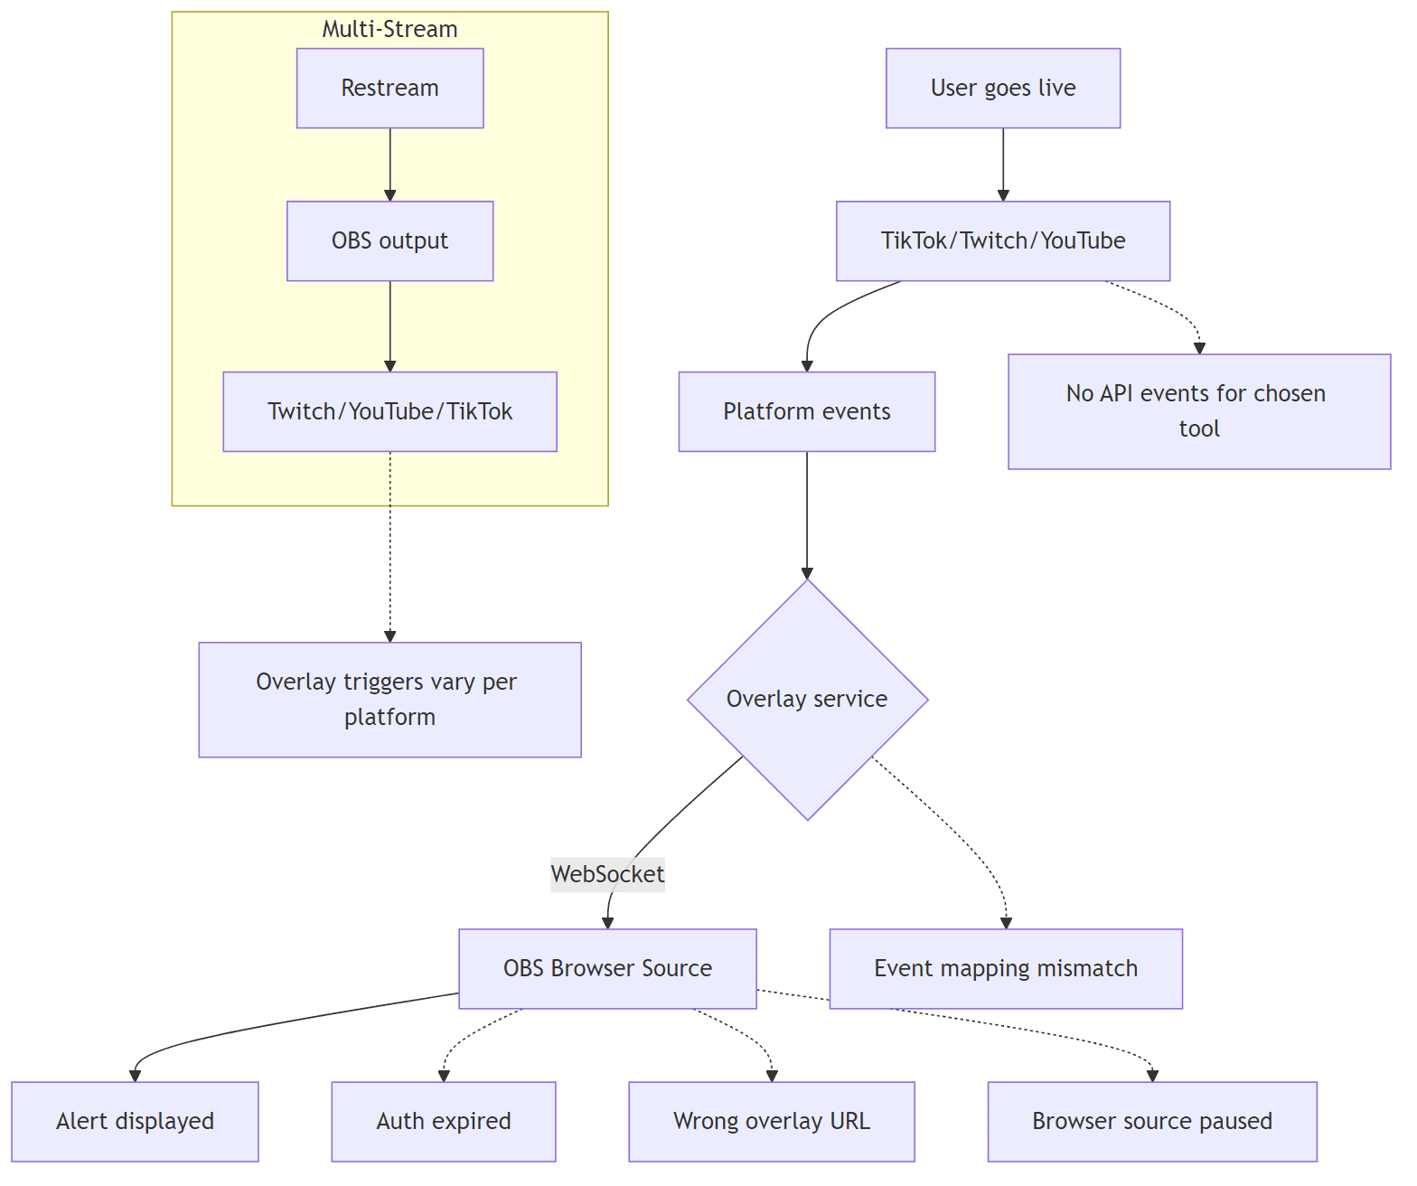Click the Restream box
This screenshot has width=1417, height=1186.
(389, 88)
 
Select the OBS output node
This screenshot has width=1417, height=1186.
(389, 240)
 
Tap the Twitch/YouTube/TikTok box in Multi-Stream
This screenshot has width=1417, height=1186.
(389, 411)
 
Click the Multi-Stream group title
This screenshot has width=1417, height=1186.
(389, 29)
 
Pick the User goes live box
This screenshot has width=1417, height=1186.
(1002, 88)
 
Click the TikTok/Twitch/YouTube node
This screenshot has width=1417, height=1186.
(1002, 240)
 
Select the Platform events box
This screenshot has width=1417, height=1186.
(806, 411)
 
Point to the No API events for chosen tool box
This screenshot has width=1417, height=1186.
(1198, 411)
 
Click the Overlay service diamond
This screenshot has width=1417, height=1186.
(807, 699)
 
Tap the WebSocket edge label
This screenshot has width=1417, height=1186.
(607, 874)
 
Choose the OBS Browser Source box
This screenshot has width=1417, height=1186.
(607, 968)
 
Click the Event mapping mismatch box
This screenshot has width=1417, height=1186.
(1005, 968)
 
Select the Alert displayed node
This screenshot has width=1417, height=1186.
(135, 1121)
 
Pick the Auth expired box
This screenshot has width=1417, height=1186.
(443, 1121)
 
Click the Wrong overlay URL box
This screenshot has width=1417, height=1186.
(771, 1121)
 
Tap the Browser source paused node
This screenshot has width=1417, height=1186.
(1151, 1121)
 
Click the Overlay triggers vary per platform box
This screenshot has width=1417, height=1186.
(389, 699)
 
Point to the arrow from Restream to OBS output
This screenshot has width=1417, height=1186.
(389, 165)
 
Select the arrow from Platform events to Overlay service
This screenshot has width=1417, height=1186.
(807, 515)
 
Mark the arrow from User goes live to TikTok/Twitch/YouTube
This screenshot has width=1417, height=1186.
(1002, 165)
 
